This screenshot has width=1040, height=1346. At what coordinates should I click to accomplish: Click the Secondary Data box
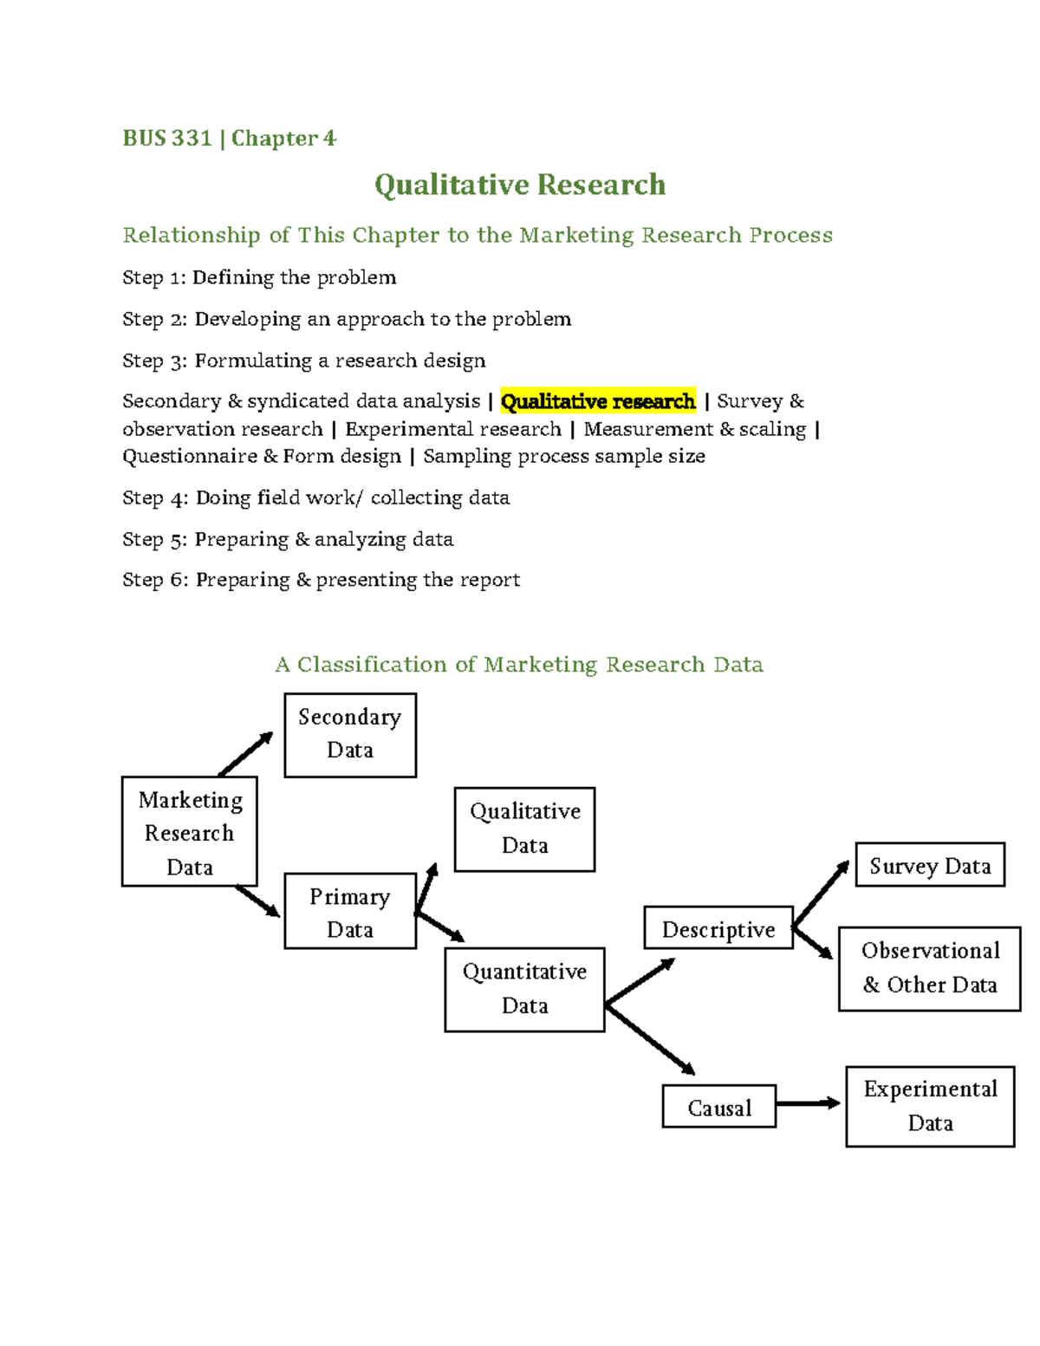coord(350,735)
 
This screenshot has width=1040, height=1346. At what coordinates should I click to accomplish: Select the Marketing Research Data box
coord(189,831)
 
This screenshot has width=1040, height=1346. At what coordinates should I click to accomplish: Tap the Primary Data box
coord(350,911)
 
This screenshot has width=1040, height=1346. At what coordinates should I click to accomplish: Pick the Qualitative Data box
coord(524,829)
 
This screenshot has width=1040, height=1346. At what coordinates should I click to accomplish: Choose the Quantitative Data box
coord(524,989)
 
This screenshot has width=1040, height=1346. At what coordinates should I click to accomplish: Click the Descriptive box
coord(718,928)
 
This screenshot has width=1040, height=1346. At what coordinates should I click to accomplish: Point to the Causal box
coord(718,1107)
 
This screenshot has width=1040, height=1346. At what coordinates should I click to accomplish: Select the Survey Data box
coord(930,865)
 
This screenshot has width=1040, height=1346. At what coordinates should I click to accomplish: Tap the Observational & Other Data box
coord(929,968)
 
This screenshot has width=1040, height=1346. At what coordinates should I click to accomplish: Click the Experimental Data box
coord(930,1106)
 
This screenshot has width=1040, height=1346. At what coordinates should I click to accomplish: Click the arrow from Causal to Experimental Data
coord(808,1103)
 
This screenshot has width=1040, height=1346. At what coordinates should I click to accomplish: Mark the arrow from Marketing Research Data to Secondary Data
coord(245,754)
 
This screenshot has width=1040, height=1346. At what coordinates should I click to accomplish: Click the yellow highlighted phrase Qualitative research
coord(598,401)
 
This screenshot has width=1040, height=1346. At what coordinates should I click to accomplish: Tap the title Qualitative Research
coord(520,185)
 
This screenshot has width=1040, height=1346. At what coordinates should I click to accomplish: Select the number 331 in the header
coord(192,139)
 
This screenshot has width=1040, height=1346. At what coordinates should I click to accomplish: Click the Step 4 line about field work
coord(316,497)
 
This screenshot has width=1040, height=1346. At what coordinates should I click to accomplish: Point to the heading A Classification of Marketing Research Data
coord(519,665)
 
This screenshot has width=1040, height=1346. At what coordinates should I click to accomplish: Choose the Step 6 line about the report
coord(322,580)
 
